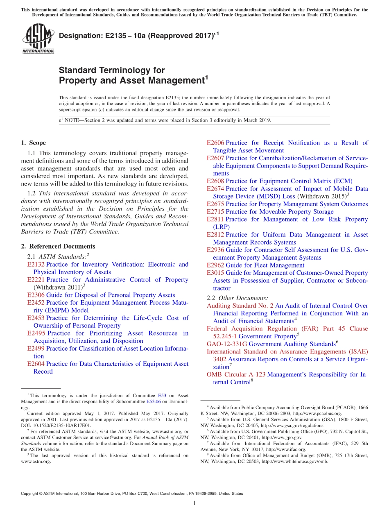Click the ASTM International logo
pyautogui.click(x=38, y=39)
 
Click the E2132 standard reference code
pyautogui.click(x=36, y=265)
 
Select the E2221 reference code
pyautogui.click(x=36, y=280)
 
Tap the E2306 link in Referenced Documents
pyautogui.click(x=36, y=295)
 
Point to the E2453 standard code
pyautogui.click(x=36, y=318)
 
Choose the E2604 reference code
pyautogui.click(x=36, y=364)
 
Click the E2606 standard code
pyautogui.click(x=215, y=143)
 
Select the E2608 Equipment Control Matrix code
pyautogui.click(x=215, y=181)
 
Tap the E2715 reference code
pyautogui.click(x=215, y=212)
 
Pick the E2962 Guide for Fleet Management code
pyautogui.click(x=215, y=265)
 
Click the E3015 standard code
pyautogui.click(x=215, y=273)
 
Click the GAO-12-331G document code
pyautogui.click(x=227, y=344)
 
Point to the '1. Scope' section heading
pyautogui.click(x=33, y=143)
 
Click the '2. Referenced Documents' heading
pyautogui.click(x=58, y=246)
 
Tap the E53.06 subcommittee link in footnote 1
pyautogui.click(x=154, y=402)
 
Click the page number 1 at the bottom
pyautogui.click(x=194, y=503)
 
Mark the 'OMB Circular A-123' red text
pyautogui.click(x=236, y=374)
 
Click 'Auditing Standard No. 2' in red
pyautogui.click(x=240, y=306)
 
